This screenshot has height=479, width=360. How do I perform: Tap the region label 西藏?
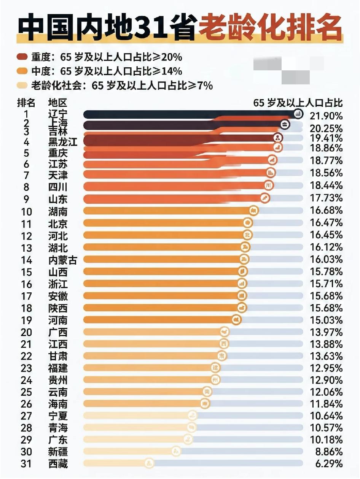[x=58, y=464]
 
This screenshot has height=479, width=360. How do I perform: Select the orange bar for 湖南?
[x=167, y=211]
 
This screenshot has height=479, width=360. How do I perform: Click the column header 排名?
[x=26, y=103]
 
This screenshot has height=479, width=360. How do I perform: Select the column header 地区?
[x=57, y=103]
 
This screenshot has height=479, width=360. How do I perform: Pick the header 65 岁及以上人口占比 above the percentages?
[x=298, y=103]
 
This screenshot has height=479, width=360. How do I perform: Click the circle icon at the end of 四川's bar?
[x=269, y=186]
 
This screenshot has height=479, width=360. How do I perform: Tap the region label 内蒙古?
[x=63, y=260]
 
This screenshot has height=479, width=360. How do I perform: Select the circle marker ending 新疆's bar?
[x=176, y=452]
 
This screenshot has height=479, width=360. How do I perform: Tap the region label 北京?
[x=58, y=223]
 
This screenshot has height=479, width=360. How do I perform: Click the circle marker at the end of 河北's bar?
[x=247, y=235]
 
